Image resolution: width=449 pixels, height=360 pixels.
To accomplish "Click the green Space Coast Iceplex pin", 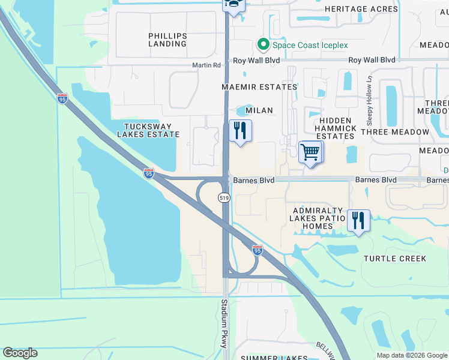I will click(x=262, y=44).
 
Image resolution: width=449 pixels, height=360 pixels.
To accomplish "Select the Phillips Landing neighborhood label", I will click(x=167, y=40).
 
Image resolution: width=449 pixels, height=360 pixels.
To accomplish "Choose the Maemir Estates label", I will click(x=259, y=87).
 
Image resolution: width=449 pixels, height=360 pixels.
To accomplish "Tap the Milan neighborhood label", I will click(x=259, y=110).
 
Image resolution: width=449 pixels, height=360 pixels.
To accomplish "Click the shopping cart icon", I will click(x=310, y=152).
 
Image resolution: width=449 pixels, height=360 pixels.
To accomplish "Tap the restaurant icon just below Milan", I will click(x=240, y=130).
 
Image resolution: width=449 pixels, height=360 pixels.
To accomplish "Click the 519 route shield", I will click(x=224, y=197).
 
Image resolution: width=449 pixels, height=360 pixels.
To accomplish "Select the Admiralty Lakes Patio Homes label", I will click(x=318, y=218).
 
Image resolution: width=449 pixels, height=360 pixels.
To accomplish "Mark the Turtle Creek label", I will click(x=395, y=259).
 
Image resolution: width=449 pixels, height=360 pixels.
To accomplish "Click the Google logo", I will click(x=20, y=353).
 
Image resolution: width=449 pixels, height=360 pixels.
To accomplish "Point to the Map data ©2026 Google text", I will click(x=411, y=355).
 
